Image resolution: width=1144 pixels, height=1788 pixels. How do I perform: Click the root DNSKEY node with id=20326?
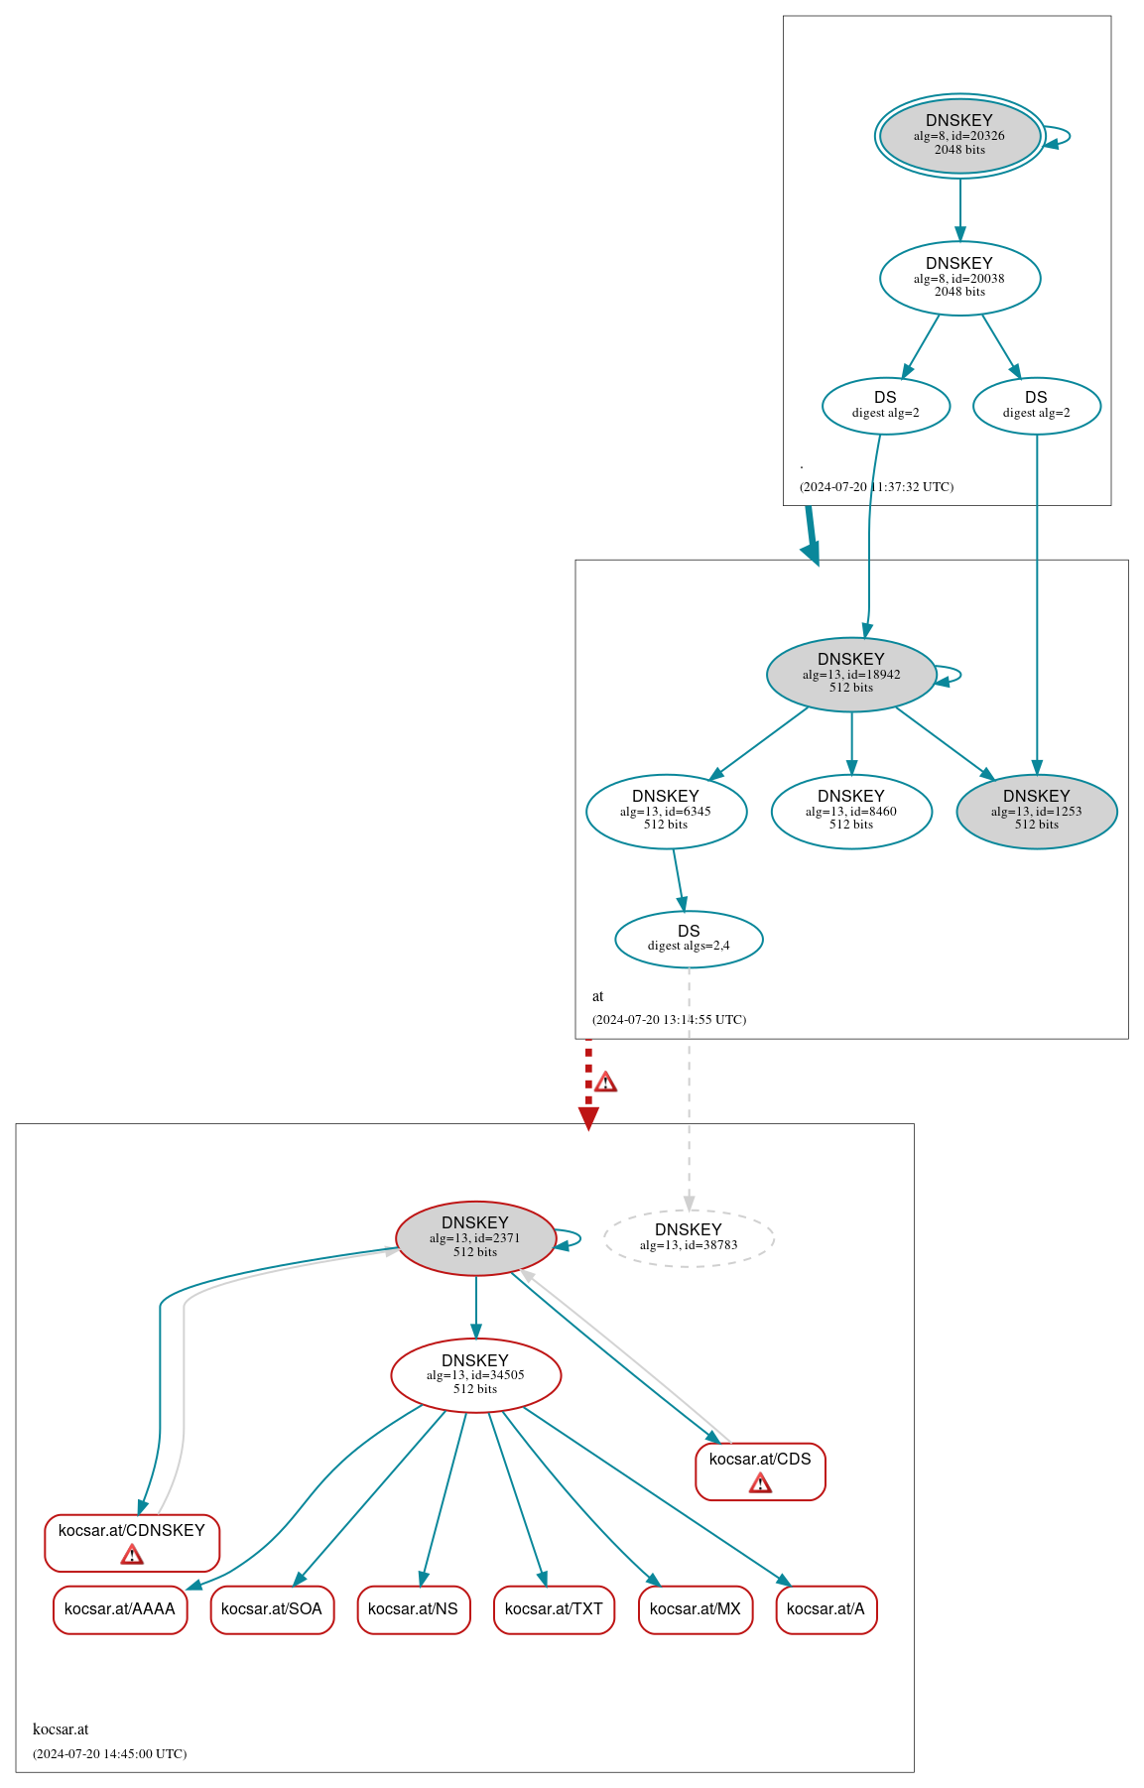pos(959,136)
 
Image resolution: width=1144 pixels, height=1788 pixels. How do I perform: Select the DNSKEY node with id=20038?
pos(959,278)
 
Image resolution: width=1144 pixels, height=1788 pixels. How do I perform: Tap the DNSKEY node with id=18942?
pos(851,674)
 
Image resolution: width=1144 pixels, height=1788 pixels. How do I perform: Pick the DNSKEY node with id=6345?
pos(666,811)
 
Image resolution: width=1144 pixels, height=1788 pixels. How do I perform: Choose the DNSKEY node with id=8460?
pos(851,811)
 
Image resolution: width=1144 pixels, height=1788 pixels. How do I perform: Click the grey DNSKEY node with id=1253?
pos(1037,811)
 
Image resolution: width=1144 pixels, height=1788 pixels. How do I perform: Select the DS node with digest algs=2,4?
pos(689,939)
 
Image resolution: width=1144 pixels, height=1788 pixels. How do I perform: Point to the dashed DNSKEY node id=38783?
pos(689,1237)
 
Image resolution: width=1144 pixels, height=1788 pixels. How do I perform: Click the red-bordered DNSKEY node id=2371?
pos(475,1237)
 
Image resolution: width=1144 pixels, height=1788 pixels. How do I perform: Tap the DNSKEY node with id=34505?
pos(475,1374)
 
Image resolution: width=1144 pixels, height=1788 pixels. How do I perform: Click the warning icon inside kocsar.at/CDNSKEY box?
pos(132,1555)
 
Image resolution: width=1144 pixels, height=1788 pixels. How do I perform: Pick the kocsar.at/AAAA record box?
pos(120,1608)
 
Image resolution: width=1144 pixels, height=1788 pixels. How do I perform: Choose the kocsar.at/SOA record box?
pos(272,1608)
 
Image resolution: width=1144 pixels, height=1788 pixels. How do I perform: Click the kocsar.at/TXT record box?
pos(554,1608)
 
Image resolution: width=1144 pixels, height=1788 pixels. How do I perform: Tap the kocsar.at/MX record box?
pos(696,1608)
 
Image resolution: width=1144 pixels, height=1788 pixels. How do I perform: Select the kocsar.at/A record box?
pos(826,1608)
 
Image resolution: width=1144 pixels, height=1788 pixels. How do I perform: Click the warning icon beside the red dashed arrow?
pos(605,1082)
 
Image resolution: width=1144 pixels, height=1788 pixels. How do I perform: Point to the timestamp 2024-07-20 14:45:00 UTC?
pos(109,1753)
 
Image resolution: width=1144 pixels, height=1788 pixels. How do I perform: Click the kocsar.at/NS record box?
pos(413,1608)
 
